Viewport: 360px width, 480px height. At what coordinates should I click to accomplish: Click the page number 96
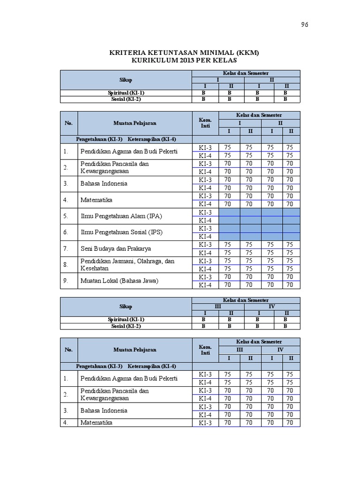tap(304, 25)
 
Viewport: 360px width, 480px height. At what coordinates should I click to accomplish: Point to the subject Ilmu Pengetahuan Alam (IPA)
tap(121, 216)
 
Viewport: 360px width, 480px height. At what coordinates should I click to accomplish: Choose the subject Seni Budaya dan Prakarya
tap(115, 248)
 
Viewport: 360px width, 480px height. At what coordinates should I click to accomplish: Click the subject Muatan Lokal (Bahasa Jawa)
tap(119, 281)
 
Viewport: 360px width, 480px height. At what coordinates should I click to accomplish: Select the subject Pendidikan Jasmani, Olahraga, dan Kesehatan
tap(127, 264)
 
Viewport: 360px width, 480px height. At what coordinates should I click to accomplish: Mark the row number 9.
tap(66, 281)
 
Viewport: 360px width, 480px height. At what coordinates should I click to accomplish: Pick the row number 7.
tap(66, 248)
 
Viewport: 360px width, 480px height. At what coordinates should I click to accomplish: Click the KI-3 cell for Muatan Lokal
tap(205, 277)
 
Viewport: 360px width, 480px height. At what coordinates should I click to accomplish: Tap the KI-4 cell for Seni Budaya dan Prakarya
tap(205, 253)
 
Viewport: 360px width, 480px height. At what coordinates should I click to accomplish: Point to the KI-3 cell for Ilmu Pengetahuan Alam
tap(205, 212)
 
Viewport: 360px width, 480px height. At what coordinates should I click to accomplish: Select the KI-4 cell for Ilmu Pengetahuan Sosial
tap(205, 237)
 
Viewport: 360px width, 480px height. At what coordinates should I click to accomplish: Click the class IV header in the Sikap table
tap(272, 307)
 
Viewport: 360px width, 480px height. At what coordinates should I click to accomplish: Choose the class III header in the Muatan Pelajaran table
tap(240, 350)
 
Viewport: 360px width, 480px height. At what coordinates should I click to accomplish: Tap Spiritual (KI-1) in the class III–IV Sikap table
tap(126, 319)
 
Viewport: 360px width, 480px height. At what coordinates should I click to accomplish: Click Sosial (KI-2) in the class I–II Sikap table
tap(126, 99)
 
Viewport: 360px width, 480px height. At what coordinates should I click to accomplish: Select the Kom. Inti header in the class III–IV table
tap(205, 350)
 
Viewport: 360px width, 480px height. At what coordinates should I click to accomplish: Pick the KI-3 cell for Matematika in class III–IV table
tap(205, 423)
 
